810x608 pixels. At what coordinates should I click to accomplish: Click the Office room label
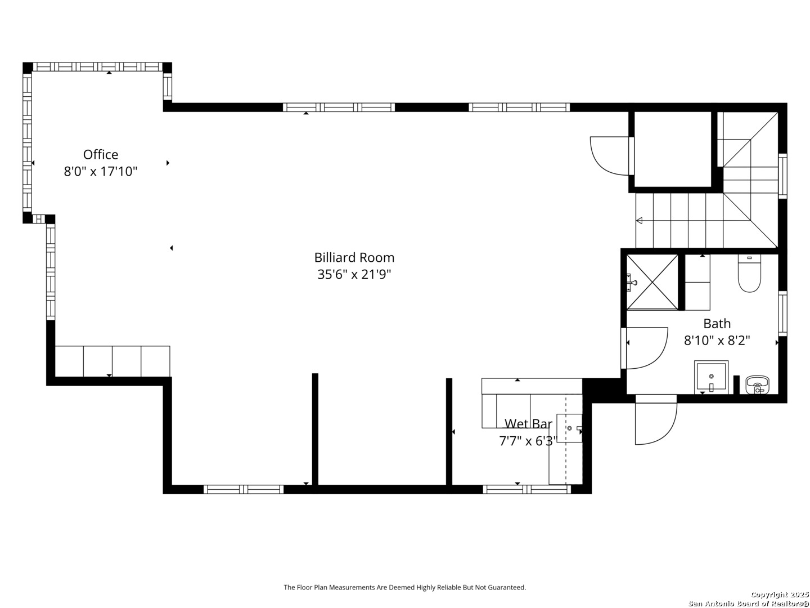click(100, 154)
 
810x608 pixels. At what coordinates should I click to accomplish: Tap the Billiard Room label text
click(354, 257)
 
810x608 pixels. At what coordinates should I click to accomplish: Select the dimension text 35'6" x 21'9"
click(354, 274)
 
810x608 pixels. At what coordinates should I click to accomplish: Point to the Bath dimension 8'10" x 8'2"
click(717, 340)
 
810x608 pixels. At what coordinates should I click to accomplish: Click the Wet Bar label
click(528, 424)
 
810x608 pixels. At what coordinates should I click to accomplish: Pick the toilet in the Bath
click(749, 273)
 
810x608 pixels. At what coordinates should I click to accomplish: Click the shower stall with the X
click(652, 282)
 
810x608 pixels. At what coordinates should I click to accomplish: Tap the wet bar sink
click(569, 428)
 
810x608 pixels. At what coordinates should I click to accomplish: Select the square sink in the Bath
click(711, 377)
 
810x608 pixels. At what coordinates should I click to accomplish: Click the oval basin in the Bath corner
click(757, 385)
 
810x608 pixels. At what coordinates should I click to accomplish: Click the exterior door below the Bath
click(656, 420)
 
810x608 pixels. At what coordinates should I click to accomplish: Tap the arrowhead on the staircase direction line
click(639, 221)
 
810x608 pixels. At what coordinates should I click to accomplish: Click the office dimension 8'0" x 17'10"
click(100, 172)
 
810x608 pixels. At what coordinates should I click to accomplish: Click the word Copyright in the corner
click(769, 594)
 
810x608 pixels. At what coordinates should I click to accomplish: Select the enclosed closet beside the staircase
click(672, 149)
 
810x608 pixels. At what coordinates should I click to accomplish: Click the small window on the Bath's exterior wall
click(782, 314)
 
